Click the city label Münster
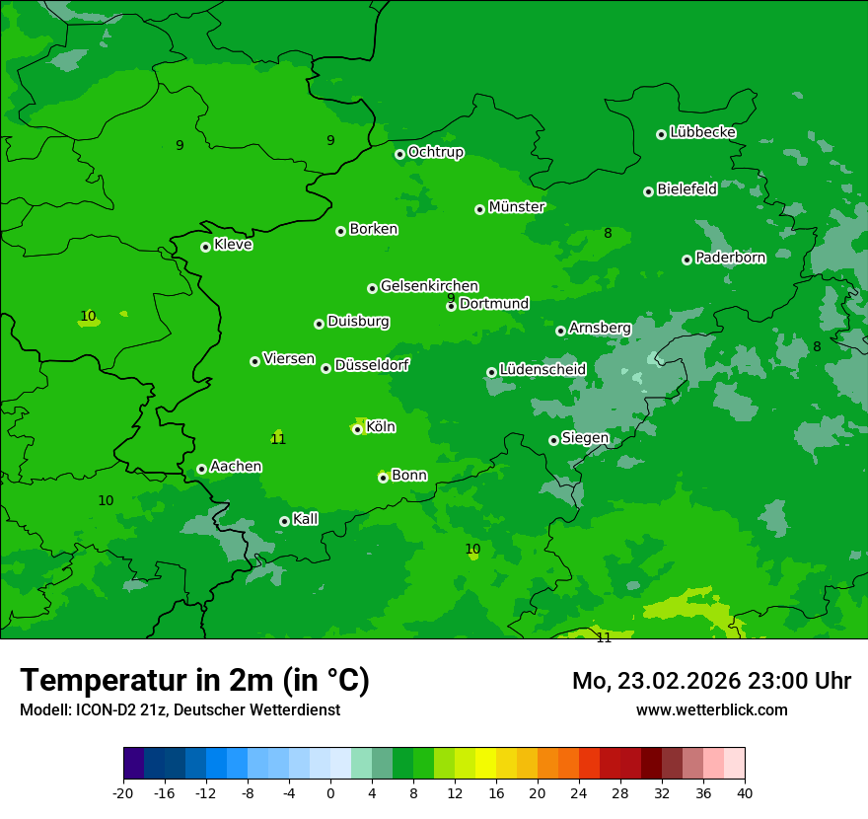pos(516,207)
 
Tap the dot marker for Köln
pos(357,429)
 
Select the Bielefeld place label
pos(687,189)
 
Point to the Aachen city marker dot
pos(201,469)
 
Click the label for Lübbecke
pos(702,132)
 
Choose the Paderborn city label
pos(730,258)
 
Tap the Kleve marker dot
pos(205,247)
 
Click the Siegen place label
pos(585,438)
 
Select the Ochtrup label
pos(435,152)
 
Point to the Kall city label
pos(306,519)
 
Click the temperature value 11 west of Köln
pos(278,439)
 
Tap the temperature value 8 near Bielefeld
pos(608,234)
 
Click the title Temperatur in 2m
pos(194,681)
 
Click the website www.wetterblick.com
pos(711,709)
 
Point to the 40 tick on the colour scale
pos(745,792)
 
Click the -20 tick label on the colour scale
pos(123,792)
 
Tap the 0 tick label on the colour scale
pos(330,792)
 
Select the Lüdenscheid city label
pos(542,370)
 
